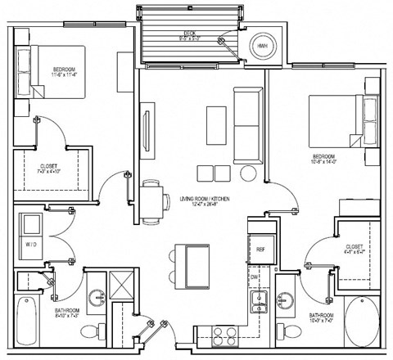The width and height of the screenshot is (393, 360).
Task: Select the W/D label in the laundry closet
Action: (31, 243)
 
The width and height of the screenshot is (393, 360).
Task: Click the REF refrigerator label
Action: (260, 249)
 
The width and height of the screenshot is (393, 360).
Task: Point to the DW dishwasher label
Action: (255, 277)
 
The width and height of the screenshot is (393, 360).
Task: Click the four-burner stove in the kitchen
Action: (224, 334)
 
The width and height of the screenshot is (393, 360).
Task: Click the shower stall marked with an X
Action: (124, 287)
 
